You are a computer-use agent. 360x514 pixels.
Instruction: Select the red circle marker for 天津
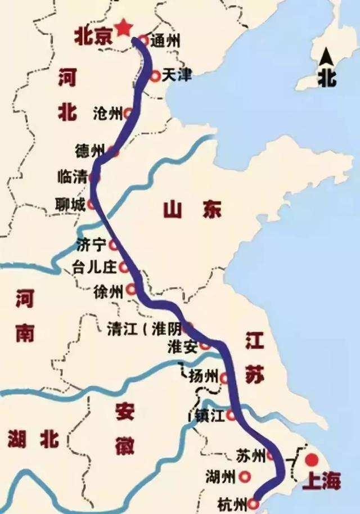[156, 75]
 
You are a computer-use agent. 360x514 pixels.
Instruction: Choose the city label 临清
[72, 178]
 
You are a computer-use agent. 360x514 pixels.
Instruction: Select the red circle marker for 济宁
[114, 245]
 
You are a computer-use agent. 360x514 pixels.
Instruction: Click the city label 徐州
[109, 291]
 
